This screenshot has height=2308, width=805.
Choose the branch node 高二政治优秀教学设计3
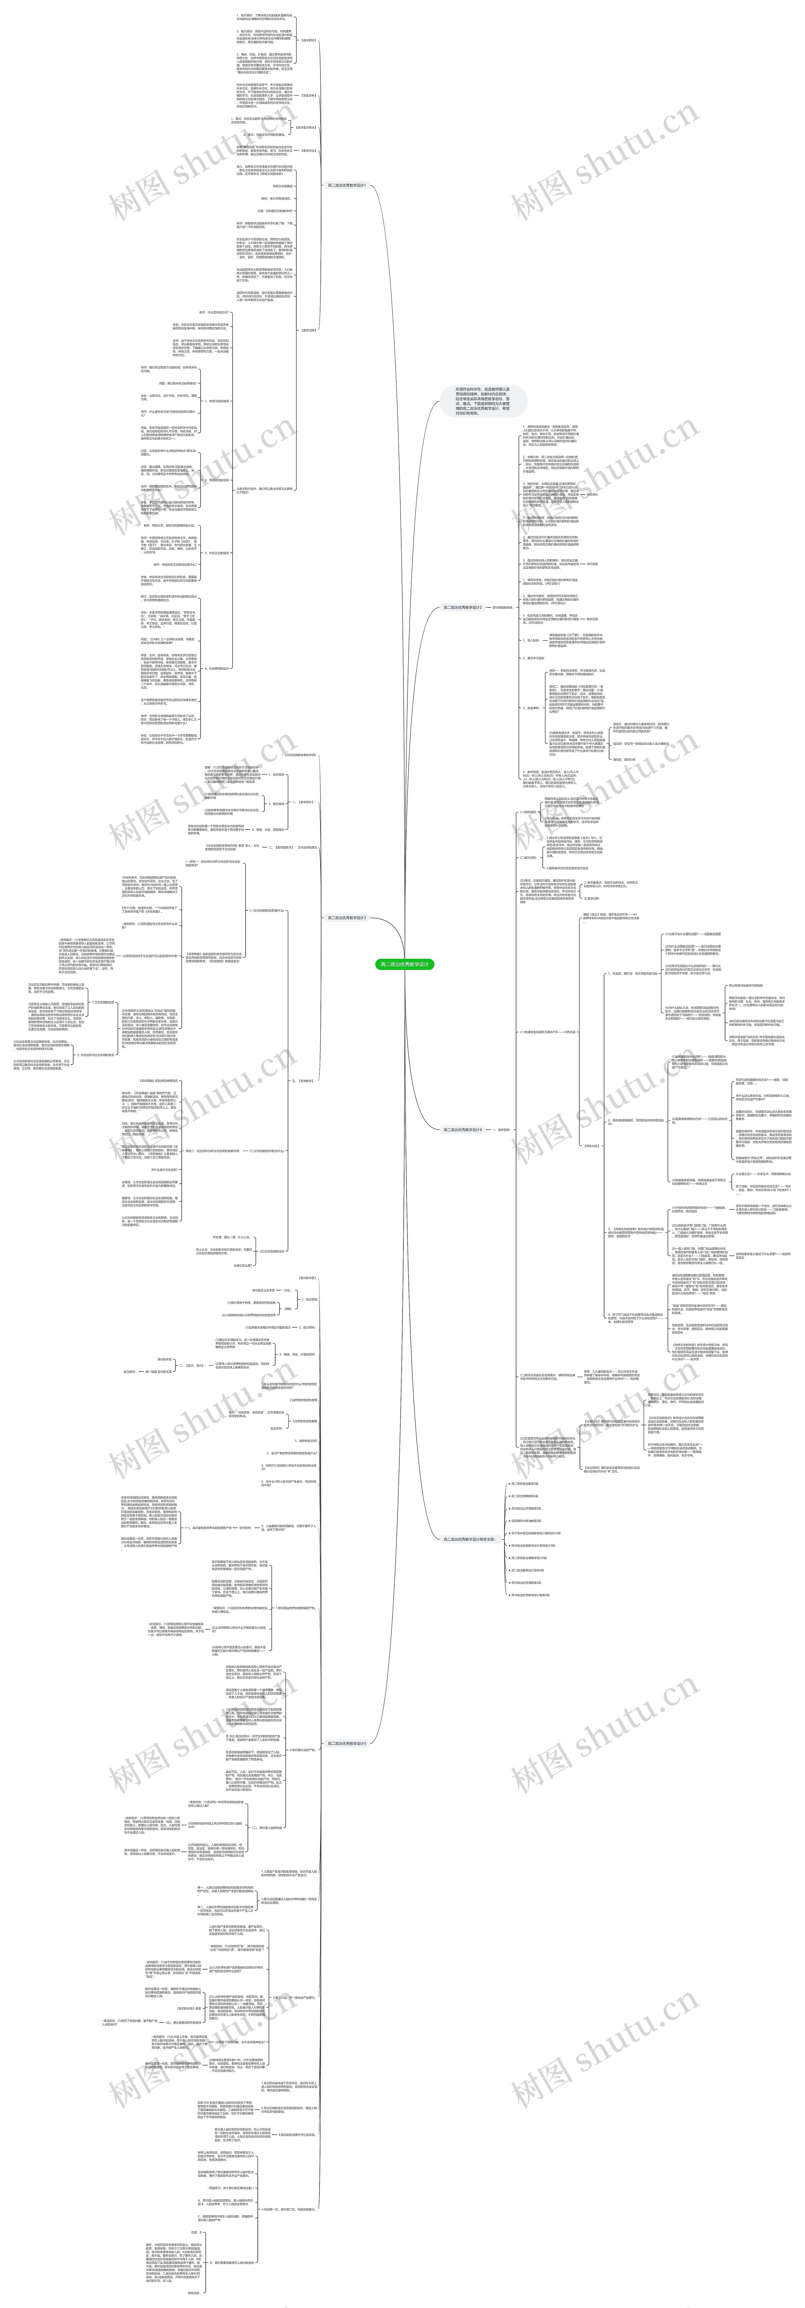346,918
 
